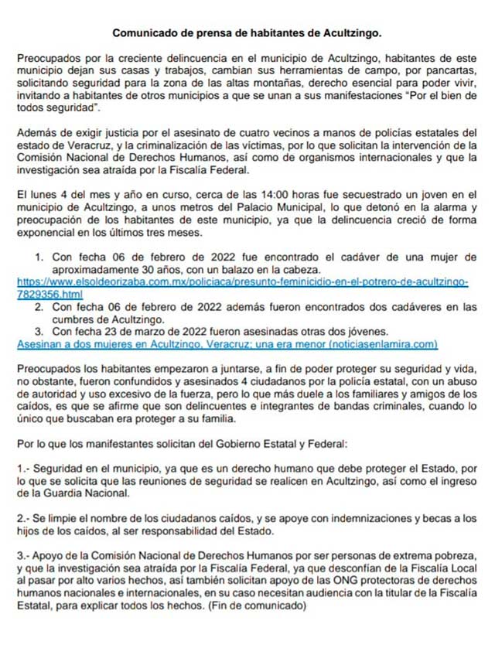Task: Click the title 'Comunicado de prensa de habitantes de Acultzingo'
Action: coord(247,34)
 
